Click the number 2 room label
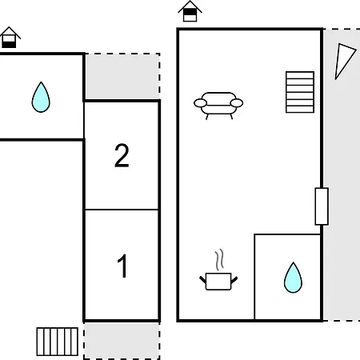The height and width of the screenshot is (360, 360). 122,156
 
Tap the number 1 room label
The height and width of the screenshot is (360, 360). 122,266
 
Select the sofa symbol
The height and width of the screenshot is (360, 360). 218,106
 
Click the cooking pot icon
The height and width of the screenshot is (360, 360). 218,281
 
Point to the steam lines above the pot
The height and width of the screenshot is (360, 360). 219,260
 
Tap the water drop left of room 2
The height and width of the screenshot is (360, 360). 41,97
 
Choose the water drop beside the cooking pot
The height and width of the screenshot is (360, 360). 293,278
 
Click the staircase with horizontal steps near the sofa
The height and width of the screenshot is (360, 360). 300,92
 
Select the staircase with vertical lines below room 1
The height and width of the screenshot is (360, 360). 58,342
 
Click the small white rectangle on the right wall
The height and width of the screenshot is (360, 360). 322,206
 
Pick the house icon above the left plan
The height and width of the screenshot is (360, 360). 10,38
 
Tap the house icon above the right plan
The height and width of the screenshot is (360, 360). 190,11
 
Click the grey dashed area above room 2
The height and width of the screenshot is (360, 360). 122,77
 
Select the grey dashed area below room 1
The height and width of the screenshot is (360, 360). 122,341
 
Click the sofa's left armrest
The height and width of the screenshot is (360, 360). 200,103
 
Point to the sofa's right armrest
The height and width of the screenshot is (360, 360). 237,103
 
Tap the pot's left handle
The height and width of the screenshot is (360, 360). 202,280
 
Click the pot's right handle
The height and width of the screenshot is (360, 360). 234,280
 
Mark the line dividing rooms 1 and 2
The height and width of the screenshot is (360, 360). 122,210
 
